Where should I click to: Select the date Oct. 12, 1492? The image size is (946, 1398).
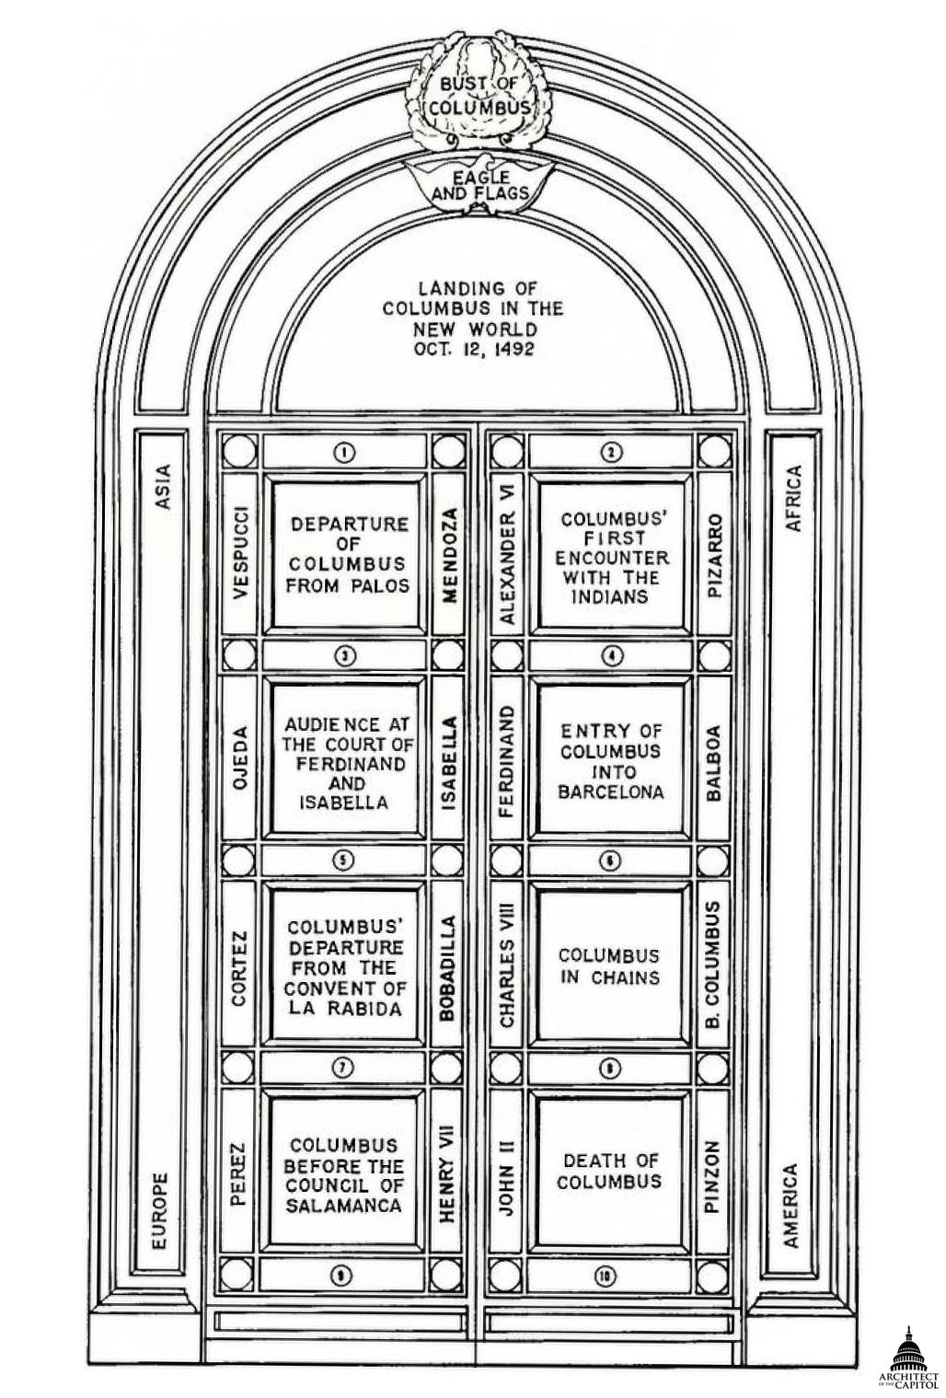(474, 350)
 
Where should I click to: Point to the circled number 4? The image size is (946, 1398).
(612, 655)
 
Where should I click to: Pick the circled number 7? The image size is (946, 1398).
(343, 1068)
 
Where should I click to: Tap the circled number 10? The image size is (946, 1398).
(608, 1276)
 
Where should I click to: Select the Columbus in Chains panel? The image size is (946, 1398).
(609, 966)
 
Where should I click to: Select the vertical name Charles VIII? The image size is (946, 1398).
(506, 965)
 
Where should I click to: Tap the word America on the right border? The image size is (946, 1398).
(790, 1206)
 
